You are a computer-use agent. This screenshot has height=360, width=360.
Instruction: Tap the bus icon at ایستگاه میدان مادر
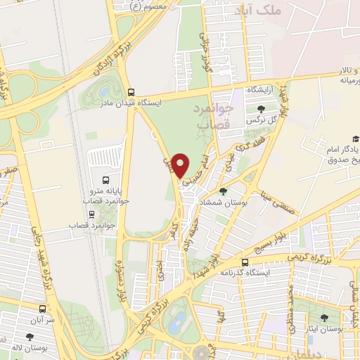point(131,92)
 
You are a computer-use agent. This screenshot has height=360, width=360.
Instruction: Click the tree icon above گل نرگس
point(261,109)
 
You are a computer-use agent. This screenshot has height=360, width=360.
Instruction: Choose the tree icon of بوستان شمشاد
point(224,191)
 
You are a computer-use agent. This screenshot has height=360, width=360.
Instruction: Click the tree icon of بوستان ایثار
point(324,319)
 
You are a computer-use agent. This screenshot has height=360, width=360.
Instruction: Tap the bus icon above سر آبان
point(43,308)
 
